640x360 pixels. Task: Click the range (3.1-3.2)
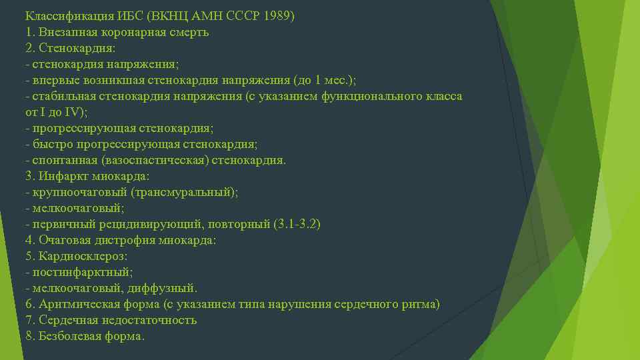click(x=297, y=224)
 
